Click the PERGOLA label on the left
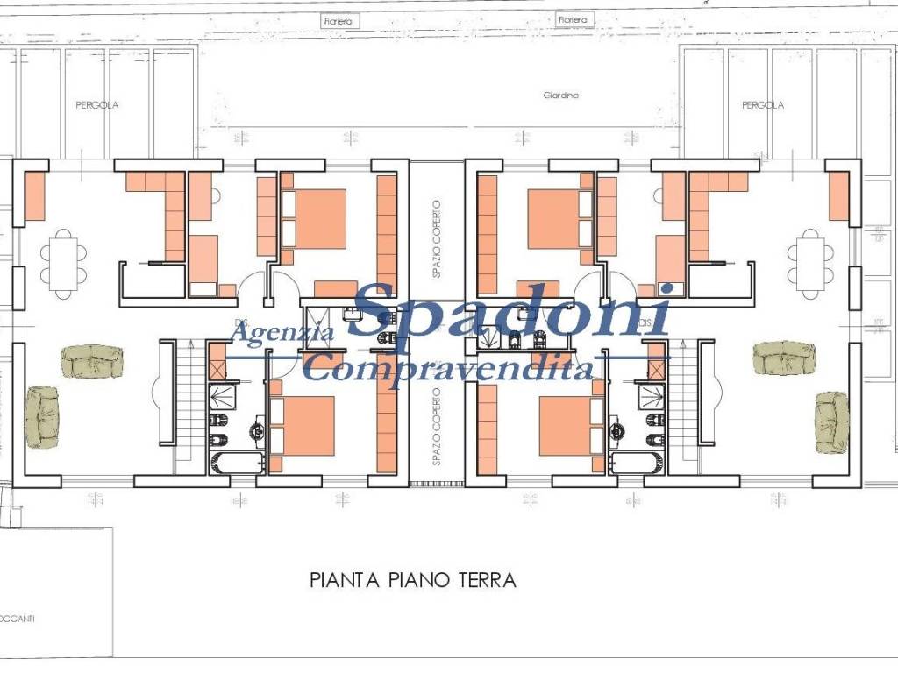(96, 105)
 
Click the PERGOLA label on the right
(762, 105)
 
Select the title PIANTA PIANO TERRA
(412, 580)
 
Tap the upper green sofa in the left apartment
(92, 360)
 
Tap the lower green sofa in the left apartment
(41, 419)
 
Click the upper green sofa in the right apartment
(784, 357)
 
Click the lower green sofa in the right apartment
(831, 422)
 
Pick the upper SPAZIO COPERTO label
(437, 239)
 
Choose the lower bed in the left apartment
(302, 427)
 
